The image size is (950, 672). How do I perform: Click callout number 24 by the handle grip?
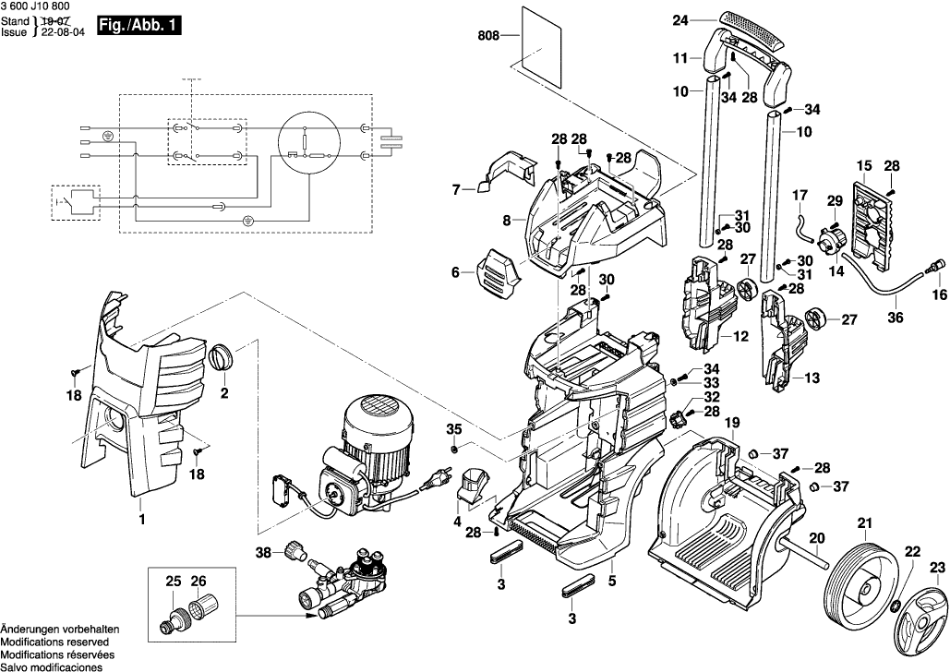679,19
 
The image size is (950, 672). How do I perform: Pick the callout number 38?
264,553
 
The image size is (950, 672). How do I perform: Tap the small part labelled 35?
454,449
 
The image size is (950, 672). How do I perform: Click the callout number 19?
732,423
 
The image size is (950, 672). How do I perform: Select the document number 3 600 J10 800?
36,6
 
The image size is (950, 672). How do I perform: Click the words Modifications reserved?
54,642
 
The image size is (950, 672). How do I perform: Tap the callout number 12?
739,338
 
